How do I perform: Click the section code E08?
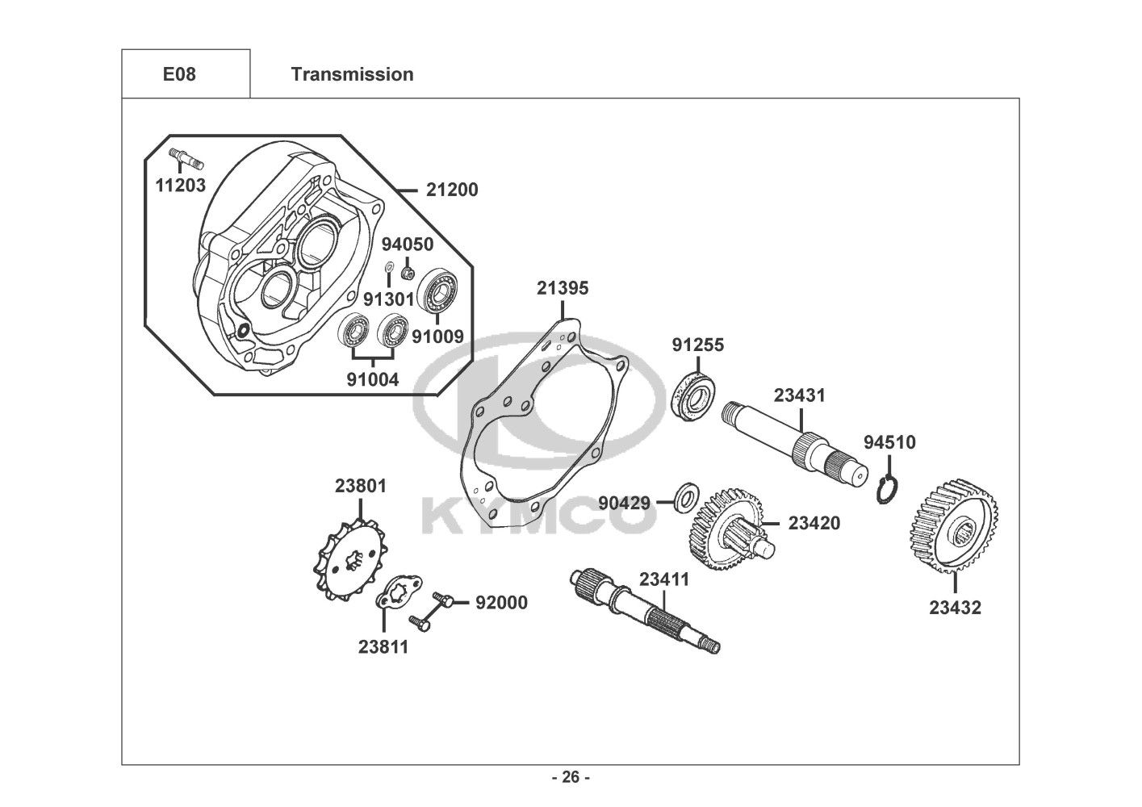tap(179, 74)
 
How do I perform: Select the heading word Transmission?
tap(353, 74)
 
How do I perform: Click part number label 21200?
tap(452, 190)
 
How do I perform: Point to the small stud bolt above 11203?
tap(186, 157)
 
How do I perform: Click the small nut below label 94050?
tap(407, 273)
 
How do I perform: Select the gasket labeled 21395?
tap(544, 420)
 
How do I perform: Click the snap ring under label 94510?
tap(887, 490)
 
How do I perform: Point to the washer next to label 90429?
tap(688, 495)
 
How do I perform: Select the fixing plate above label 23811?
tap(399, 592)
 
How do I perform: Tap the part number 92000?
tap(502, 603)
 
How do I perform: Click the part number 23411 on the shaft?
tap(664, 579)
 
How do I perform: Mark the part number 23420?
tap(814, 524)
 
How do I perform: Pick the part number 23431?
tap(799, 395)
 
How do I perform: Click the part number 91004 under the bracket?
tap(373, 380)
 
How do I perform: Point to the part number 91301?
tap(389, 299)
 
